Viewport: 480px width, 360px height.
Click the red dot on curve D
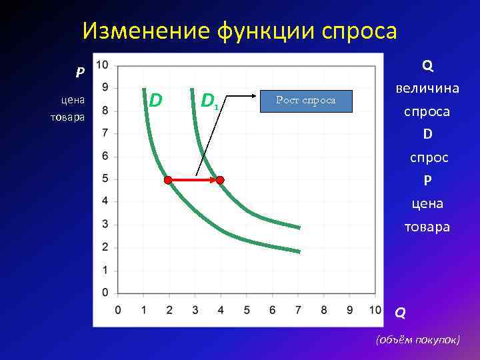coord(168,179)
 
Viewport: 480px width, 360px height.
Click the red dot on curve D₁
coord(220,179)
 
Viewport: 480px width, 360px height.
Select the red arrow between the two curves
coord(194,179)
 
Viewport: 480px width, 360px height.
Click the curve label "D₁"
coord(209,101)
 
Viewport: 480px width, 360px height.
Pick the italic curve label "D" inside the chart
coord(155,100)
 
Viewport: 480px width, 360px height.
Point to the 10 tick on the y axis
coord(102,65)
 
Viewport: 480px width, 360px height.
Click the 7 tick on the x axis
coord(298,310)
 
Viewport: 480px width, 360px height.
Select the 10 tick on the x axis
coord(375,310)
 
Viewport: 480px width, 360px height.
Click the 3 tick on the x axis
coord(195,310)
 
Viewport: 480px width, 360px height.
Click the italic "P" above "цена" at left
coord(79,73)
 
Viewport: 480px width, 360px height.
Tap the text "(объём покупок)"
coord(418,339)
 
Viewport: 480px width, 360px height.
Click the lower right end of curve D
coord(298,251)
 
